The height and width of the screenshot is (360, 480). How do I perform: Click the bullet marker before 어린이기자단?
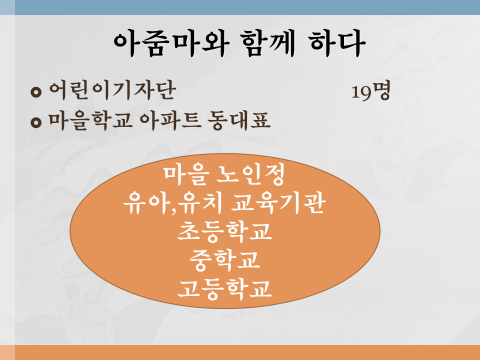click(x=36, y=92)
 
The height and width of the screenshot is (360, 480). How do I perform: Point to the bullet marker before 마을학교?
click(x=36, y=122)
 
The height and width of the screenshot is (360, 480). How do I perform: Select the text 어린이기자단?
click(x=112, y=90)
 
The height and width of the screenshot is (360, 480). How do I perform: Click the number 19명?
click(x=370, y=91)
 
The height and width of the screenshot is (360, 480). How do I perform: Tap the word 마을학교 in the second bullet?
click(x=90, y=120)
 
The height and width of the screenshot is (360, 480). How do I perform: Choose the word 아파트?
click(x=170, y=120)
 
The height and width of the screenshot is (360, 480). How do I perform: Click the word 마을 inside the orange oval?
click(x=186, y=175)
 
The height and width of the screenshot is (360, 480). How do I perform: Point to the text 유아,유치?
click(x=172, y=203)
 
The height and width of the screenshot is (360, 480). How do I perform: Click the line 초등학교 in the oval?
click(x=224, y=231)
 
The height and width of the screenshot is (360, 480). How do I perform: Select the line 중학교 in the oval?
click(x=224, y=260)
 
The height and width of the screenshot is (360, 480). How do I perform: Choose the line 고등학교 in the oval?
click(x=224, y=288)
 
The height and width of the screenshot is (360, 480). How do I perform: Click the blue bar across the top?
click(x=240, y=7)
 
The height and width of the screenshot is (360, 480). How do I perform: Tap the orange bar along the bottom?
click(x=240, y=352)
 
